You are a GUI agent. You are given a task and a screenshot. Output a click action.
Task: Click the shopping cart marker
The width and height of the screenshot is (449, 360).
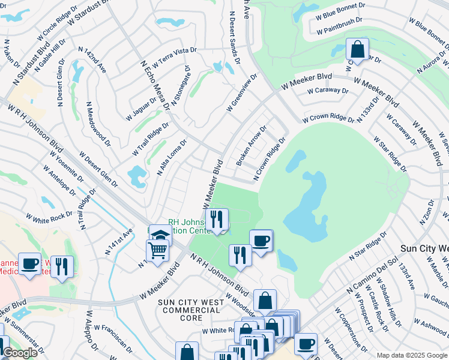click(x=157, y=249)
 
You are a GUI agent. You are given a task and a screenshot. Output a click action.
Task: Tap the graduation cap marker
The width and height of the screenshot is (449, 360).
click(x=161, y=235)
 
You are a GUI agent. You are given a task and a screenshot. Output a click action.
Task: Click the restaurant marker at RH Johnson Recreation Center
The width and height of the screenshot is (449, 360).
click(x=217, y=218)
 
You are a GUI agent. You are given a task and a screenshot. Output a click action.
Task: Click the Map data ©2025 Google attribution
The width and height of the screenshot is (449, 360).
click(x=411, y=355)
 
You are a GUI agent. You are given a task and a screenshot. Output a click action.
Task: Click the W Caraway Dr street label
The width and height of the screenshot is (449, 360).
click(x=328, y=91)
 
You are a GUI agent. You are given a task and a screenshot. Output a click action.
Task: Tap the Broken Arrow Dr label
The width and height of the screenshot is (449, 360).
click(x=252, y=146)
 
